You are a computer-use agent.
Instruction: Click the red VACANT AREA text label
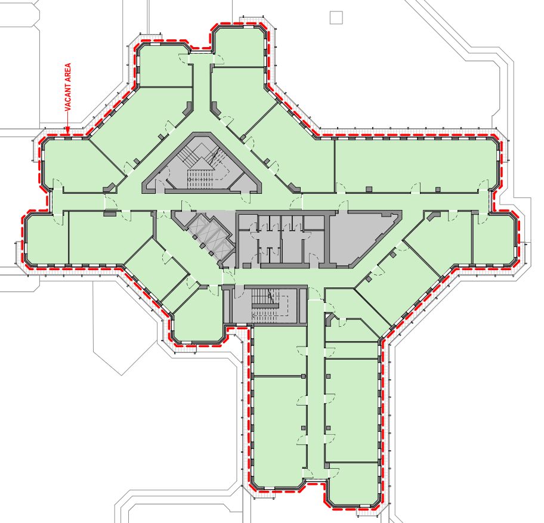point(67,87)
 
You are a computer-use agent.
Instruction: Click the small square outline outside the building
point(336,17)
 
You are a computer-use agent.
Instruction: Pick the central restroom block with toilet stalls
point(282,240)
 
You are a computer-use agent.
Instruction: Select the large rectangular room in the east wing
point(416,165)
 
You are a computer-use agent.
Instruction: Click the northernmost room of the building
point(240,47)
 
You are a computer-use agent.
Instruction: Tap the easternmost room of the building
point(493,239)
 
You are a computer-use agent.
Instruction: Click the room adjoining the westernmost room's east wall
point(110,238)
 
